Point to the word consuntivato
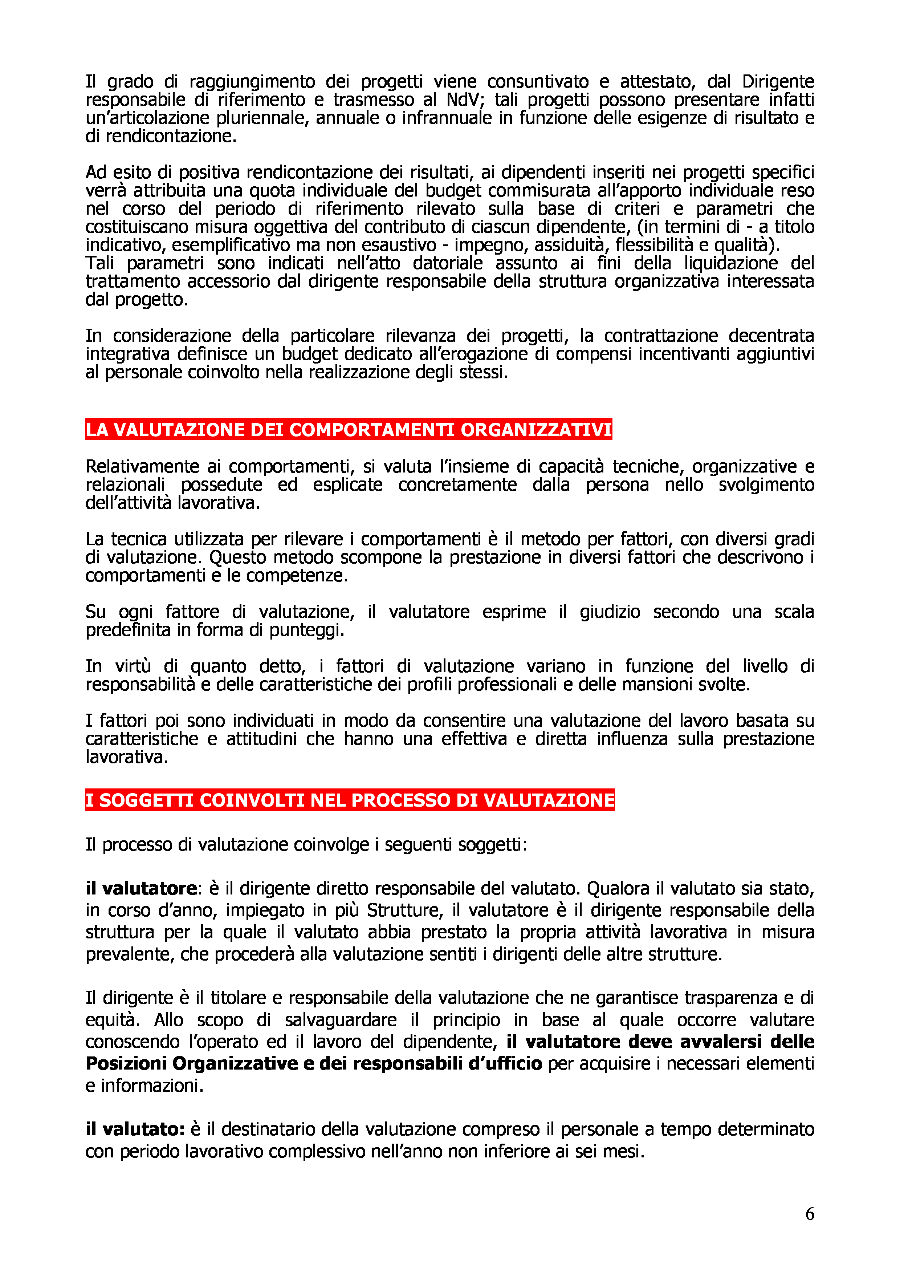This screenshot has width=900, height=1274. click(538, 82)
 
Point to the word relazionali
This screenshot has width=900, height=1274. click(125, 484)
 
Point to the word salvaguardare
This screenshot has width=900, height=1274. click(341, 1020)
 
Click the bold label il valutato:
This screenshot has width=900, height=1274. click(135, 1129)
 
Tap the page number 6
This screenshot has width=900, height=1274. click(810, 1214)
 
